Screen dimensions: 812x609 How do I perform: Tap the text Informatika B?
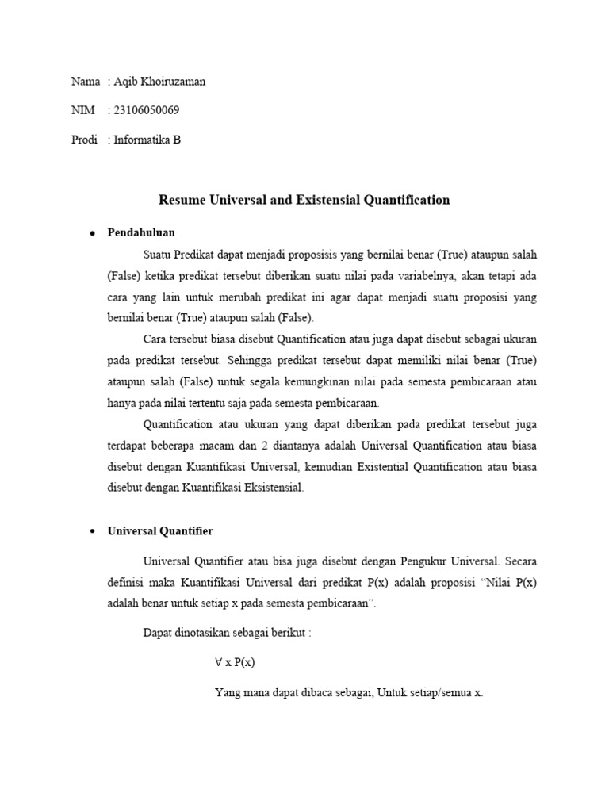[x=147, y=140]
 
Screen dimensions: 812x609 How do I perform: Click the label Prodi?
[x=84, y=140]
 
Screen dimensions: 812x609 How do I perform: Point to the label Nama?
[x=86, y=82]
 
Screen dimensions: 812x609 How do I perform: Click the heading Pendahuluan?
[x=141, y=232]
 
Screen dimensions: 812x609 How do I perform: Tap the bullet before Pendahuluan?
[x=92, y=233]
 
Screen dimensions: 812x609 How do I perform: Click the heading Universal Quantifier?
[x=160, y=530]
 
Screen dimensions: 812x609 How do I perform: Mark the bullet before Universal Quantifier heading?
[x=92, y=531]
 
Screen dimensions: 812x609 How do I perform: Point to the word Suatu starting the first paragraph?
[x=157, y=255]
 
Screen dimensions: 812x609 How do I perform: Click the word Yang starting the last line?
[x=226, y=691]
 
